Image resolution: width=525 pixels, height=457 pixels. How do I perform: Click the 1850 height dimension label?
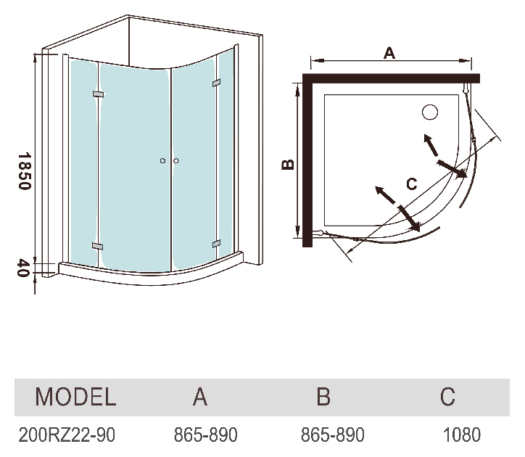(25, 171)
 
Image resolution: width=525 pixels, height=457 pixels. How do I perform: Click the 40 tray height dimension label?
(24, 268)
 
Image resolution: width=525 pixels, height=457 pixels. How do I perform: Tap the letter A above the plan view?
(389, 53)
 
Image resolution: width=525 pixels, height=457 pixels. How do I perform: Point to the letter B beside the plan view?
(289, 164)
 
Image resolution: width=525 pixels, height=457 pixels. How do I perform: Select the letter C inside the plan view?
(411, 184)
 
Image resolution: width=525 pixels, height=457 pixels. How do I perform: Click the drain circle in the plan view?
(430, 112)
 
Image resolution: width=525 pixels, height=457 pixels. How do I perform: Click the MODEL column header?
(75, 397)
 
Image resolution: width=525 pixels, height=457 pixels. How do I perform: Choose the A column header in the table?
(200, 397)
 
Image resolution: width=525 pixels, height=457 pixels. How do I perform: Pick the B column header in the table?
(323, 397)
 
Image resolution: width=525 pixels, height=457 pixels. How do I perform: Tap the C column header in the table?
(447, 397)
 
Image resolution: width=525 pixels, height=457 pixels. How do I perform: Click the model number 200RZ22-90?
(67, 435)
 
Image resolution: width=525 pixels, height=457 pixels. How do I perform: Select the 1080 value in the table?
(462, 435)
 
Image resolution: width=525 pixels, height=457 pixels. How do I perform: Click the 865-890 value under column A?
(206, 435)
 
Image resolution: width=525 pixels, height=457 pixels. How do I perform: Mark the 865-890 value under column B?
(333, 435)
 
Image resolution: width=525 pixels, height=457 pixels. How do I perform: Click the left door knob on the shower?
(162, 161)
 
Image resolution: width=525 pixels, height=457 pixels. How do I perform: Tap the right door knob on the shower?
(176, 161)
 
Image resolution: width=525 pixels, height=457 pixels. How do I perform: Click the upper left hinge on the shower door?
(98, 94)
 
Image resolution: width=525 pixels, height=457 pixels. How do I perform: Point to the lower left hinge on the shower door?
(97, 246)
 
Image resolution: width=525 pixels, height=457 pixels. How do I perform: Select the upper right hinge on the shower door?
(216, 83)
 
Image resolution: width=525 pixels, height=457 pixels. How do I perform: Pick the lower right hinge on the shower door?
(216, 244)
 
